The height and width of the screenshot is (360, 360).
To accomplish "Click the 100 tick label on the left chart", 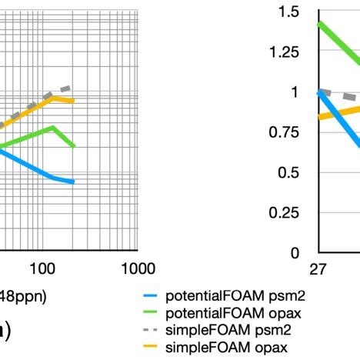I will [x=42, y=268].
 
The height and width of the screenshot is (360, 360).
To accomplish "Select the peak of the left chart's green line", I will [x=52, y=127].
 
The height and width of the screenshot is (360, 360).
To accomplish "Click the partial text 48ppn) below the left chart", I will [x=23, y=295].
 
